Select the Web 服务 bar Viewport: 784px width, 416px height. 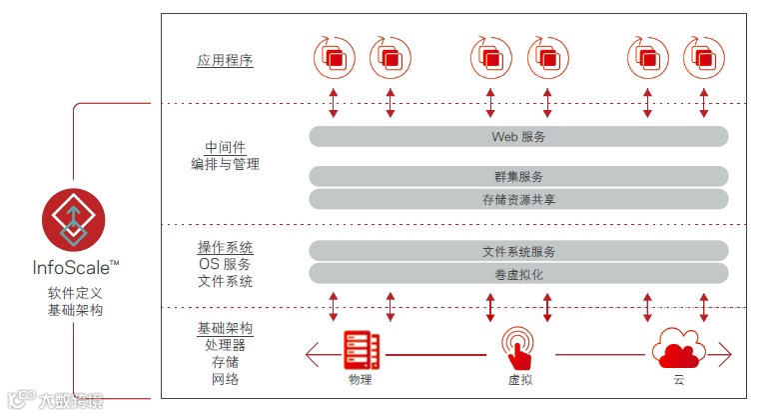[518, 136]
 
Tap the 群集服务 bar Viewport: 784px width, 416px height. [518, 176]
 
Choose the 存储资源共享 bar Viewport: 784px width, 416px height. [518, 199]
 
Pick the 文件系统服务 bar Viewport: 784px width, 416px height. [518, 251]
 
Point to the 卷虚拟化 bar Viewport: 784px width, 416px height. [518, 274]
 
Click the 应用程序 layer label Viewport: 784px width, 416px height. [225, 60]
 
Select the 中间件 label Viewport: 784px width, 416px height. [225, 147]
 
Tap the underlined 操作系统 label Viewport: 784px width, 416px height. [225, 247]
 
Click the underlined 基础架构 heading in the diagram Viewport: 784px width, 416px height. [225, 328]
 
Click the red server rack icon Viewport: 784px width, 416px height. [361, 350]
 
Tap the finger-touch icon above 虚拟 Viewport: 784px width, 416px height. [517, 348]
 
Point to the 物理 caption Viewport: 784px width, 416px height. [361, 381]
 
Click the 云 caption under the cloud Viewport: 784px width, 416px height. [678, 381]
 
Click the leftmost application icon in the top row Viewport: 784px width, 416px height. [333, 58]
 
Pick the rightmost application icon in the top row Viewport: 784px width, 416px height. [703, 58]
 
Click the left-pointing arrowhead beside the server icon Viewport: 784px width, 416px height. [313, 353]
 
